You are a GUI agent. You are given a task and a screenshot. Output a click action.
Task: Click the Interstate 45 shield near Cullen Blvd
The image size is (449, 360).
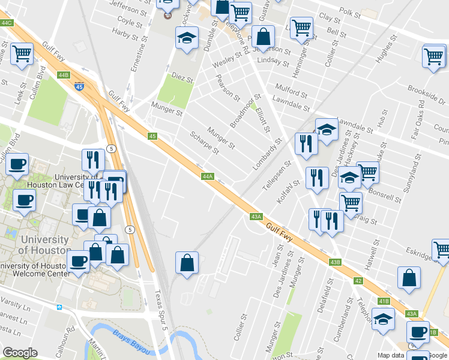[x=79, y=87]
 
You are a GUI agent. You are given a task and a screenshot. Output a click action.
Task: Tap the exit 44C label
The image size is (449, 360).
[x=7, y=23]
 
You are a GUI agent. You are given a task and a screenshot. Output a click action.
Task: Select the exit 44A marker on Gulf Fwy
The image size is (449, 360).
[x=208, y=176]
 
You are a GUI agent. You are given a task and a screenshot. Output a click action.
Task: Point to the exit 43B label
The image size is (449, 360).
[x=335, y=262]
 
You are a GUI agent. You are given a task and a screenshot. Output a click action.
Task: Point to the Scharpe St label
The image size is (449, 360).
[x=203, y=143]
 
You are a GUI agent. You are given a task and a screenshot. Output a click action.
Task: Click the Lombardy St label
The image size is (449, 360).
[x=267, y=155]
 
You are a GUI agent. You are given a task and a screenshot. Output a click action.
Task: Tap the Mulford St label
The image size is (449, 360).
[x=291, y=95]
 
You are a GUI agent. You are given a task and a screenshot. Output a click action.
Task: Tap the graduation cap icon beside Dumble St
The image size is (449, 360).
[x=187, y=38]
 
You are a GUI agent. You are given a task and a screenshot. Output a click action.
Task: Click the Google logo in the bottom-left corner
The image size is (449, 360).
[x=20, y=352]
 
